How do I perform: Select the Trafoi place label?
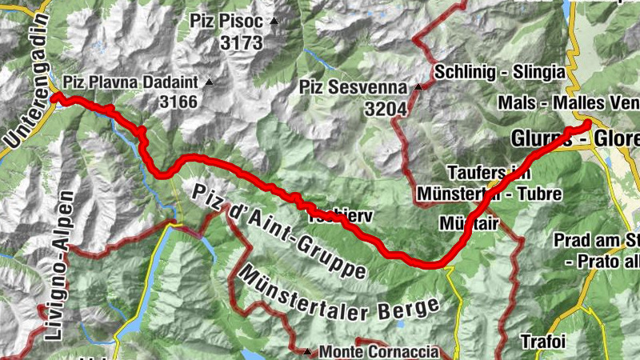pyautogui.click(x=543, y=341)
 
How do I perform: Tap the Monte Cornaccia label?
pyautogui.click(x=378, y=351)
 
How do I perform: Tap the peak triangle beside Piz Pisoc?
pyautogui.click(x=274, y=22)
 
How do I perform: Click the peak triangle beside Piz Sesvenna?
pyautogui.click(x=418, y=87)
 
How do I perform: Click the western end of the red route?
pyautogui.click(x=57, y=98)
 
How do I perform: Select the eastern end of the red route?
pyautogui.click(x=586, y=123)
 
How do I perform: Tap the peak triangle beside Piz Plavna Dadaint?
pyautogui.click(x=210, y=82)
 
